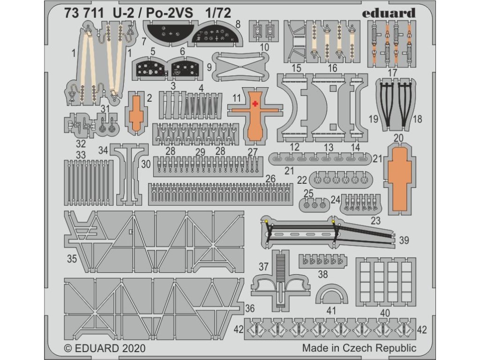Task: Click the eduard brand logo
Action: coord(389,13)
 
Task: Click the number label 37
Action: coord(263,267)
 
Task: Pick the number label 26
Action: coord(270,179)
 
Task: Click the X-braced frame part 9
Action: coord(241,65)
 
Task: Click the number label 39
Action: coord(404,240)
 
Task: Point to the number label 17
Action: coord(393,73)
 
